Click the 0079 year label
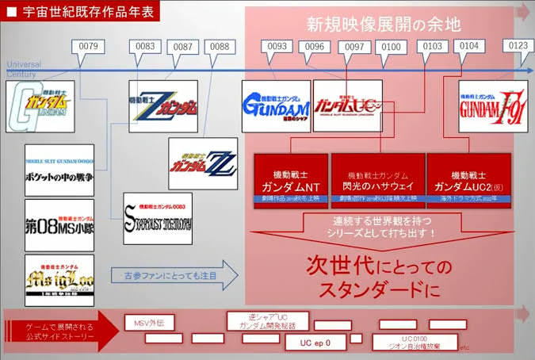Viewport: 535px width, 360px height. [x=89, y=48]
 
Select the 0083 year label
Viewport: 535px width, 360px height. [x=145, y=48]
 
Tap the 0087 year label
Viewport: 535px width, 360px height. [x=183, y=48]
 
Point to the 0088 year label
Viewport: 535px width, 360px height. [x=220, y=48]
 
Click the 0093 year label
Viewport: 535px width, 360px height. [x=277, y=48]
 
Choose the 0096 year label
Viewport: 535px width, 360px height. [x=315, y=48]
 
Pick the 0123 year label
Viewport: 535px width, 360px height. [x=518, y=48]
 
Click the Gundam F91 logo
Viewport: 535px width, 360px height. [x=493, y=105]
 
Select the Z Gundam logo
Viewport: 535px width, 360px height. [x=163, y=105]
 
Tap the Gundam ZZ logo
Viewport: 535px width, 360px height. [x=202, y=164]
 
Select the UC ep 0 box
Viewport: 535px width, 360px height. [x=315, y=343]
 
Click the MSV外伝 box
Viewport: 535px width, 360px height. [x=149, y=322]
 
